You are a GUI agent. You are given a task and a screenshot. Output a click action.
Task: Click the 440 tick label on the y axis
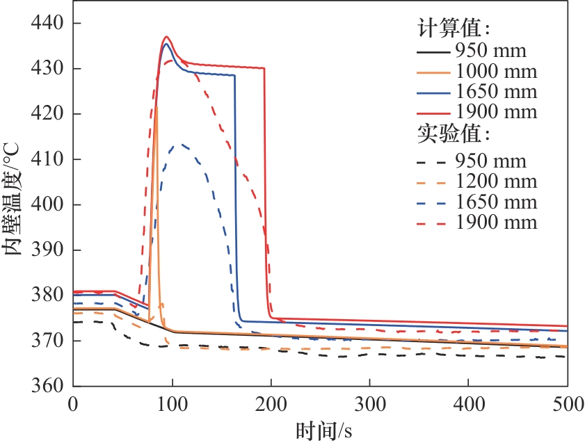(47, 23)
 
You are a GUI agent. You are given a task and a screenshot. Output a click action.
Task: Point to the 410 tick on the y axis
(47, 159)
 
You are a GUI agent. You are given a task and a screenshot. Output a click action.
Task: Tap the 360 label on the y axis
(47, 386)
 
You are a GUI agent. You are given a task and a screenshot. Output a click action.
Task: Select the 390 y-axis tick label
(47, 250)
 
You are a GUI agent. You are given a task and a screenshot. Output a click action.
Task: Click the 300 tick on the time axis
(369, 404)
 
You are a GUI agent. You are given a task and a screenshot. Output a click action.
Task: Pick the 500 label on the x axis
(567, 404)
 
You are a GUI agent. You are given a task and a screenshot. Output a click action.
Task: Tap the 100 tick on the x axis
(172, 404)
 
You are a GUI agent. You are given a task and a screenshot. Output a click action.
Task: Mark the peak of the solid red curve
(166, 37)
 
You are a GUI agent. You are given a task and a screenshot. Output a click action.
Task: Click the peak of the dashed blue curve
(182, 144)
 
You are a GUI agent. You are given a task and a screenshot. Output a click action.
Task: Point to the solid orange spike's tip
(157, 106)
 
